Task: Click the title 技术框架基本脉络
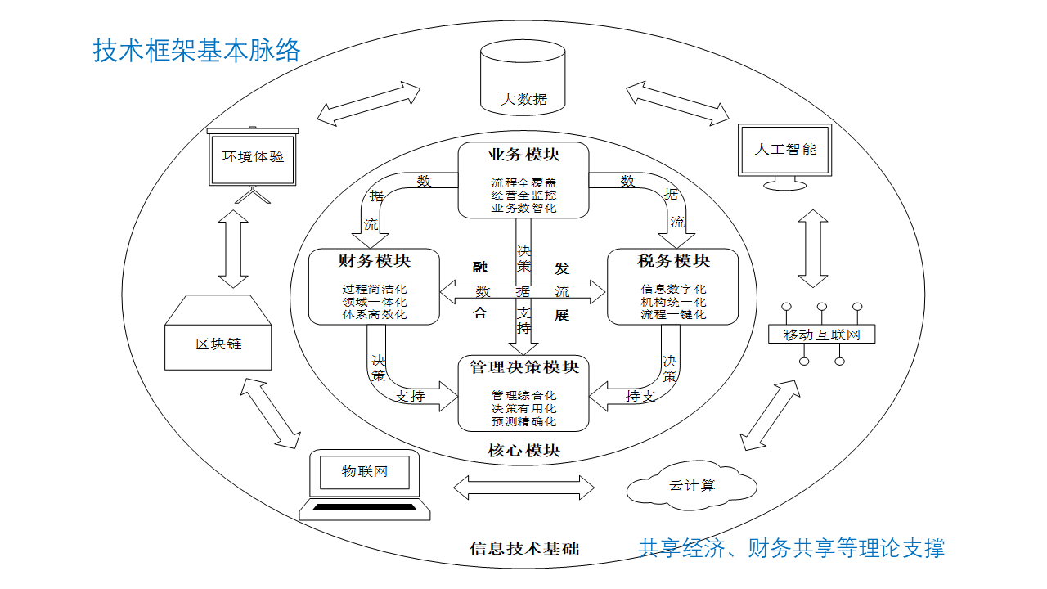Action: (197, 51)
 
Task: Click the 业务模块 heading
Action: (523, 155)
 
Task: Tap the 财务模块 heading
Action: (374, 261)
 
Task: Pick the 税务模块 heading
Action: (673, 261)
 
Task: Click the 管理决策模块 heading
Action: (523, 367)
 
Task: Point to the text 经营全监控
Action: (523, 196)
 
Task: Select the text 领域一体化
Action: (374, 302)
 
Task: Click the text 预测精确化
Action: (523, 421)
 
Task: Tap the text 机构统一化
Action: (673, 302)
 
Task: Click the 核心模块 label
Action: (523, 451)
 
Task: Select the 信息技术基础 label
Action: (523, 548)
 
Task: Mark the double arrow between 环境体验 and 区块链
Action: (234, 249)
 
